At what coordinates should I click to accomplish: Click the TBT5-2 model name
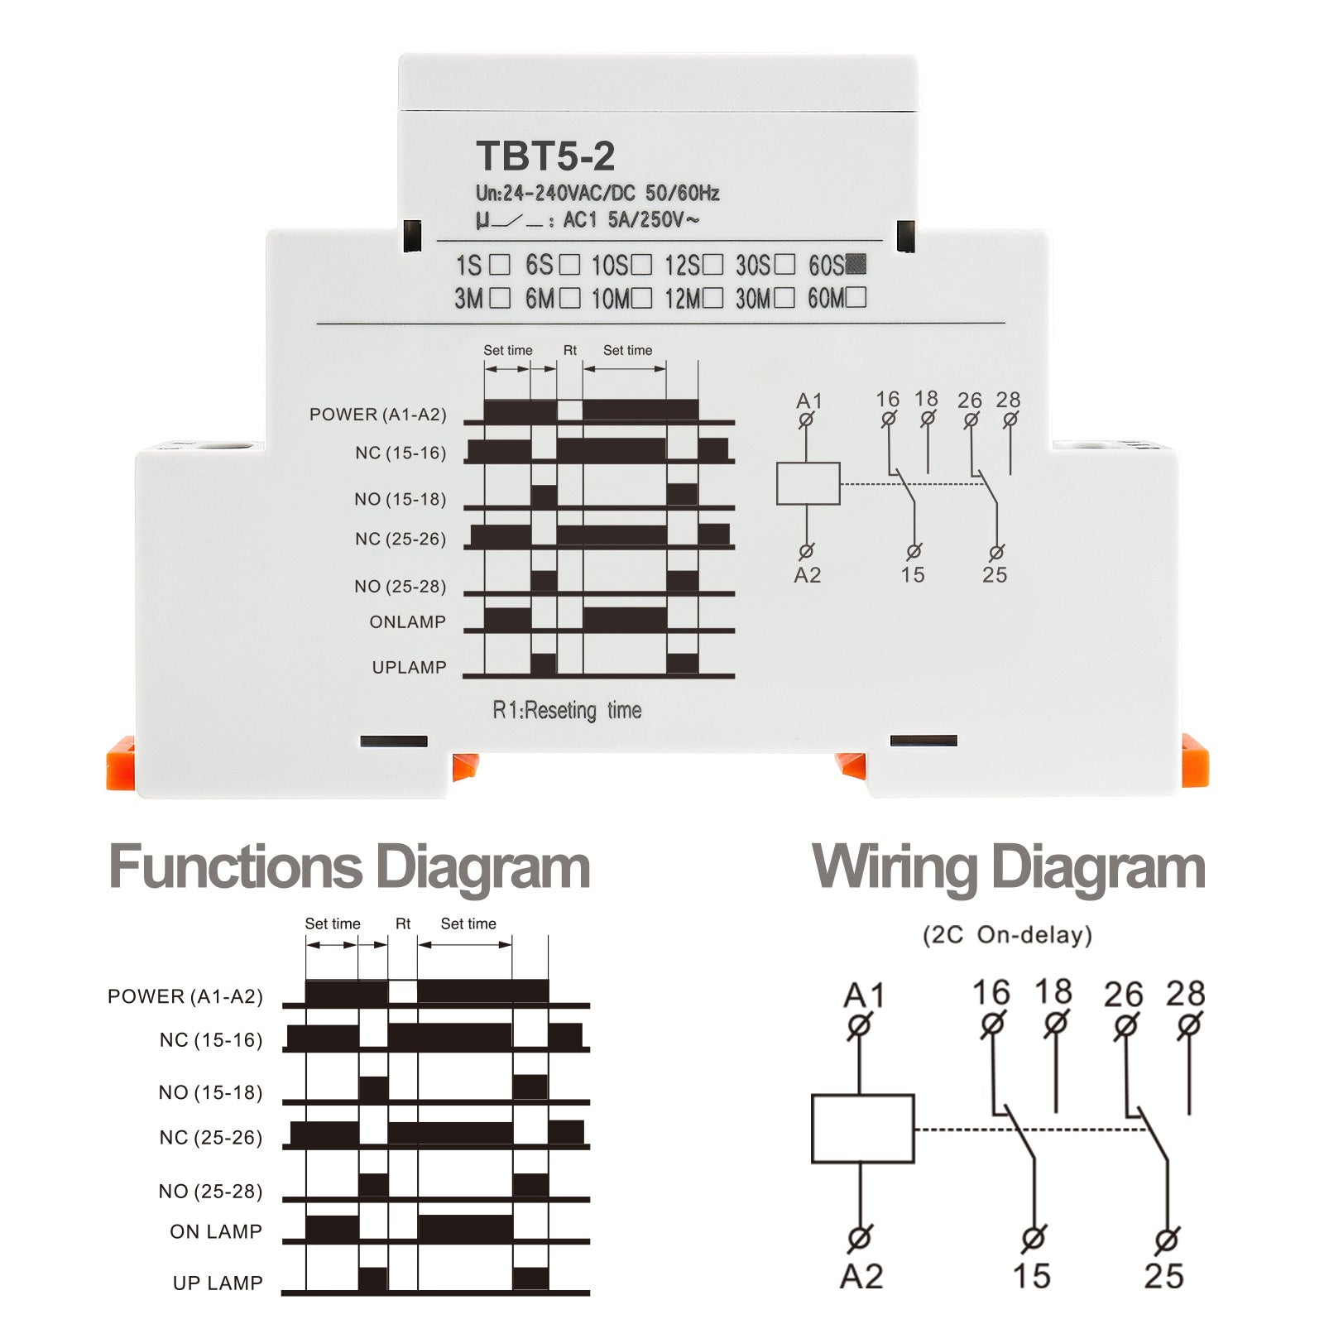coord(545,156)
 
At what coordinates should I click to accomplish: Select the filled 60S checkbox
coord(856,264)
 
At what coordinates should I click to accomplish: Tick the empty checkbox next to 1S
coord(499,265)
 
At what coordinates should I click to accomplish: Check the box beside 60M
coord(856,297)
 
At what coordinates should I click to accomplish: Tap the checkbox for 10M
coord(641,298)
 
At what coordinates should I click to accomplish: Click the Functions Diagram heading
coord(349,868)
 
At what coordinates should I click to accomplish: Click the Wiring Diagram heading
coord(1009,868)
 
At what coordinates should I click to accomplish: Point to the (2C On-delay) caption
coord(1007,935)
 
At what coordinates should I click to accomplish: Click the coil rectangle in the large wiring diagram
coord(862,1129)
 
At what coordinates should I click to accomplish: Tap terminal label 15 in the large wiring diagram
coord(1032,1276)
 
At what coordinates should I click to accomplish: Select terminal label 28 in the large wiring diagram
coord(1185,993)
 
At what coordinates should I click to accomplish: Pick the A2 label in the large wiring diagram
coord(861,1277)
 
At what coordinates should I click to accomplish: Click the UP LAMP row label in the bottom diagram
coord(218,1283)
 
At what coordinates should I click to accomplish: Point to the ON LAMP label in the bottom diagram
coord(216,1231)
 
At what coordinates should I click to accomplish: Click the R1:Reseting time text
coord(567,710)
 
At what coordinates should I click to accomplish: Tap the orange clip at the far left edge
coord(120,762)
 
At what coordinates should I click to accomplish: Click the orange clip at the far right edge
coord(1195,760)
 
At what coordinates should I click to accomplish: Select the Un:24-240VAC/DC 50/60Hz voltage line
coord(597,193)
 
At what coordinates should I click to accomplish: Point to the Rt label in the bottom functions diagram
coord(403,923)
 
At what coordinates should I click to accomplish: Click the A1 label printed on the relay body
coord(809,401)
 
